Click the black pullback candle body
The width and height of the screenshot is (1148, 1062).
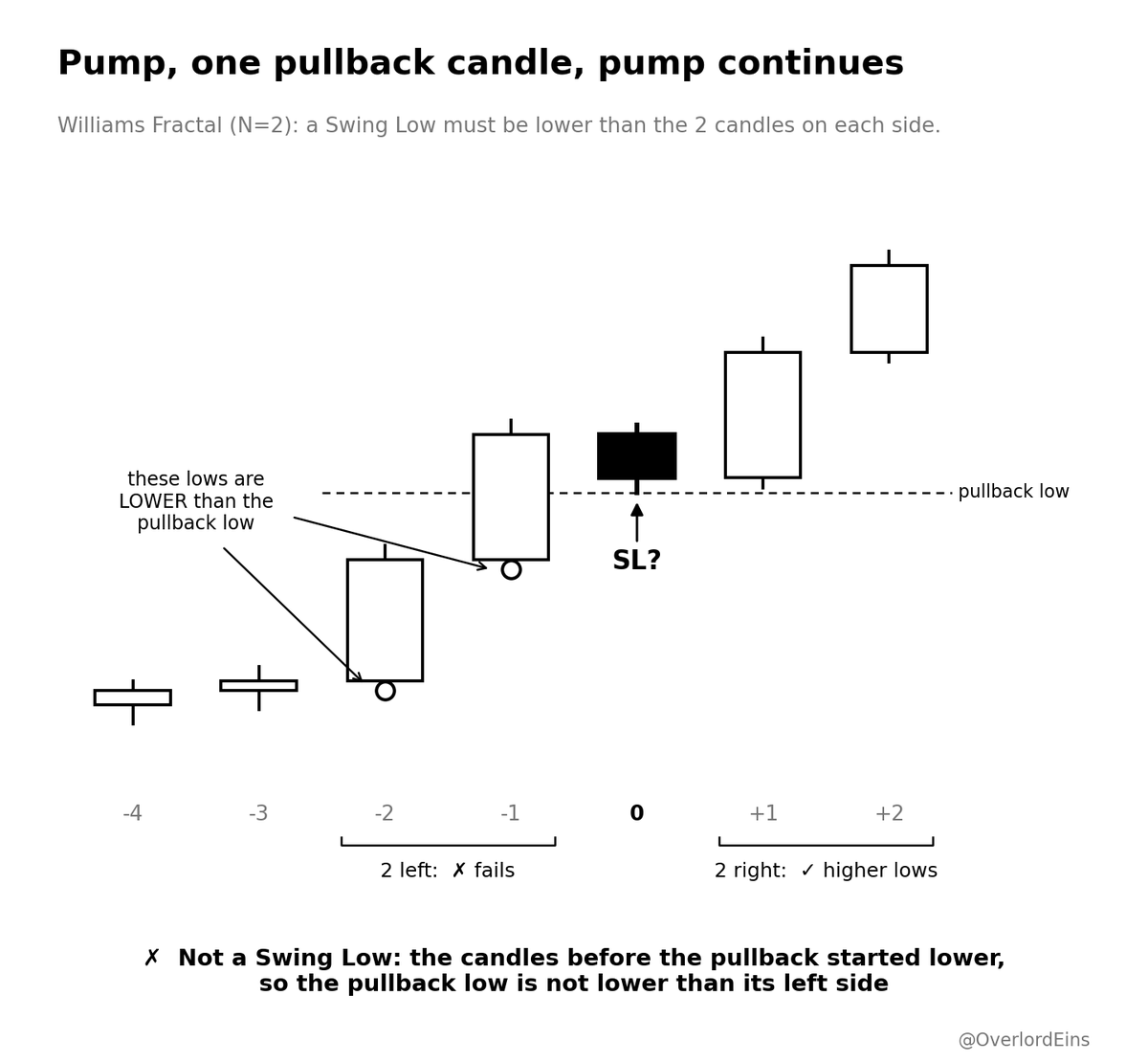click(x=636, y=455)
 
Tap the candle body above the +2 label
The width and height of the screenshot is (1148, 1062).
click(x=889, y=309)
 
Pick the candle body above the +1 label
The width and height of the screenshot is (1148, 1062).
click(x=762, y=414)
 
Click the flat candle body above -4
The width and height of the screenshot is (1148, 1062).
click(x=132, y=697)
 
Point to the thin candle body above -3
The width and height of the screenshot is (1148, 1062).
click(x=258, y=685)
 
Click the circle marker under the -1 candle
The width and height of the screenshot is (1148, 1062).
click(x=511, y=569)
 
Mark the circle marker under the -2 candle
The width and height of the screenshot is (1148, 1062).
click(x=385, y=691)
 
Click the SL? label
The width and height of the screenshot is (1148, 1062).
click(x=636, y=561)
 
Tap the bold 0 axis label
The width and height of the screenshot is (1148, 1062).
click(x=636, y=813)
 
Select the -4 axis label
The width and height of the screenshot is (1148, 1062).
click(x=132, y=813)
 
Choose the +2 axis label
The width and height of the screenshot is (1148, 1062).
click(x=889, y=813)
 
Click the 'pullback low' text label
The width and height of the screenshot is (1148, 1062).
click(x=1013, y=492)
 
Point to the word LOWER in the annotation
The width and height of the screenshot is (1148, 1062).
click(x=153, y=501)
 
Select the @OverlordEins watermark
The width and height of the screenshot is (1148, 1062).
click(x=1024, y=1040)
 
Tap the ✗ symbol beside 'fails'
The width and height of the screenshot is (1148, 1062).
click(x=459, y=870)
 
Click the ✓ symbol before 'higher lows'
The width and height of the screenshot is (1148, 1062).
click(x=807, y=870)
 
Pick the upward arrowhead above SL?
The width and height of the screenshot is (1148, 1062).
click(x=636, y=509)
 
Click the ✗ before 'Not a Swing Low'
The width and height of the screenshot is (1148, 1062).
click(x=151, y=958)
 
